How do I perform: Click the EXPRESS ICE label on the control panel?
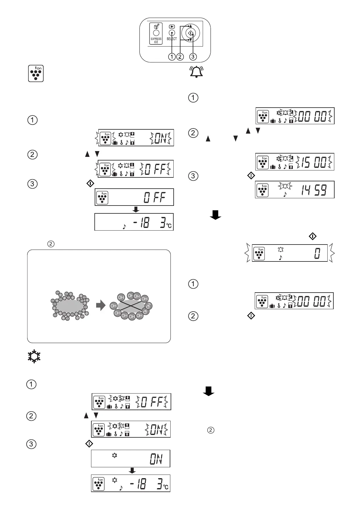(156, 40)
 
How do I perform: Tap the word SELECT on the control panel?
(172, 39)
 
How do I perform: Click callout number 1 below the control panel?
(172, 57)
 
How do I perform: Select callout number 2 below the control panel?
(180, 57)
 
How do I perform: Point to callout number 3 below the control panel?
(193, 57)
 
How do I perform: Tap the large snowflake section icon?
(34, 357)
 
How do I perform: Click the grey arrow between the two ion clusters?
(100, 306)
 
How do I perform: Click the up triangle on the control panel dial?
(191, 26)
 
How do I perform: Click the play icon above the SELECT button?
(171, 26)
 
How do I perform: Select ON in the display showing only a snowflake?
(156, 460)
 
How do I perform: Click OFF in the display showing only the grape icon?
(155, 198)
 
